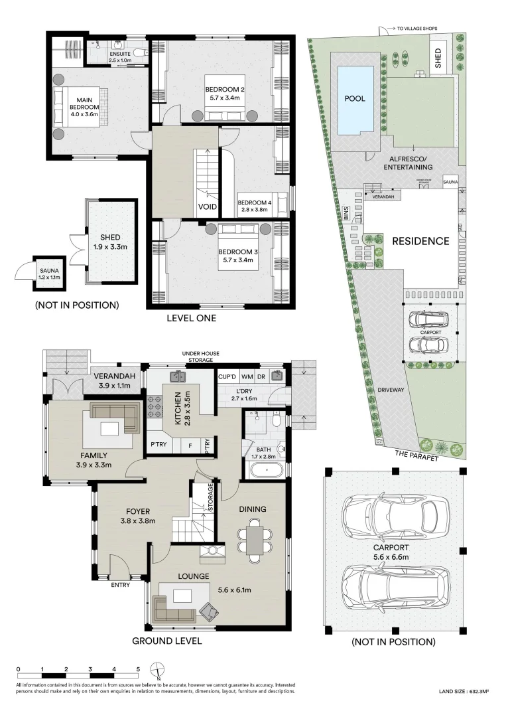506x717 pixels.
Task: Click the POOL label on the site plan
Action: tap(354, 98)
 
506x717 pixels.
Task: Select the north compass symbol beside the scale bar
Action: tap(157, 669)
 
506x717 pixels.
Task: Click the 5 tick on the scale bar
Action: tap(138, 669)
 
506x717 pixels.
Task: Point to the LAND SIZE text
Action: tap(464, 692)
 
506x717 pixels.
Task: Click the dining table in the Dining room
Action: tap(255, 540)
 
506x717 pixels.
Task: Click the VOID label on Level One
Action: tap(208, 206)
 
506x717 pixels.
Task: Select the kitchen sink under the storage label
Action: tap(177, 377)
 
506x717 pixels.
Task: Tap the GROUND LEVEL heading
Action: tap(166, 641)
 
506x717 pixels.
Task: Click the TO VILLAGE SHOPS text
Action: tap(418, 29)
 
